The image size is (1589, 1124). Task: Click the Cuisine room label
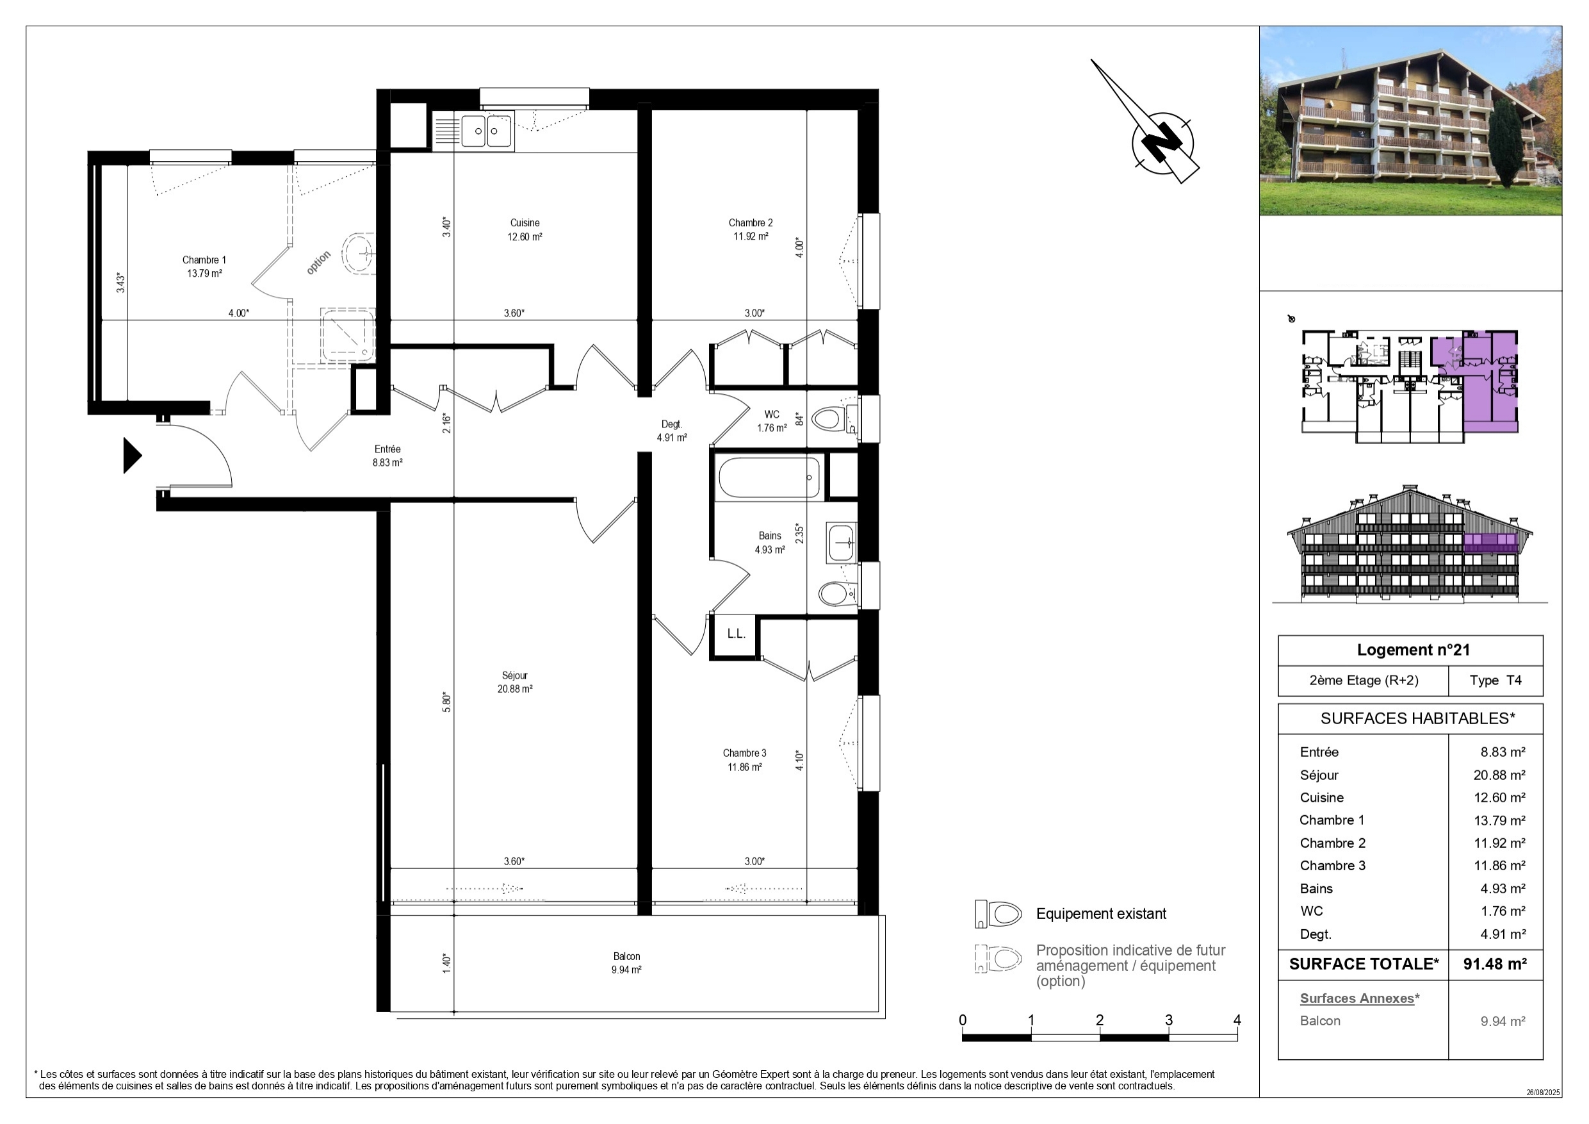[x=525, y=223]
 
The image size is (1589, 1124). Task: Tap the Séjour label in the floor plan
[x=515, y=675]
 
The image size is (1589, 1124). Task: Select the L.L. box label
[x=736, y=634]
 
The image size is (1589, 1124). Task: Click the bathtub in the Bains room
[x=769, y=477]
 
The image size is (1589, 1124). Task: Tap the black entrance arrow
[x=132, y=456]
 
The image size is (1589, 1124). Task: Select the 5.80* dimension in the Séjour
[x=447, y=703]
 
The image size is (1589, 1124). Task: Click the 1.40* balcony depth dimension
[x=447, y=963]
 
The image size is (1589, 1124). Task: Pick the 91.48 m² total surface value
[x=1495, y=963]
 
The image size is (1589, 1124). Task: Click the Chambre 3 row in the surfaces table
[x=1412, y=866]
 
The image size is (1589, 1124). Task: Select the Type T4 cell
[x=1495, y=680]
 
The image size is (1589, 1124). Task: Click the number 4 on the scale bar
[x=1237, y=1020]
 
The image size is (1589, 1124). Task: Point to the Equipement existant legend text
[x=1101, y=913]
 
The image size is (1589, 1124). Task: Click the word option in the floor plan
[x=318, y=263]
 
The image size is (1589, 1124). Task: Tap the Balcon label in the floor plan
[x=626, y=956]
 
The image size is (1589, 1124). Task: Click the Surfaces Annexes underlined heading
[x=1357, y=998]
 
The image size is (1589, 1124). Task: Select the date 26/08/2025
[x=1544, y=1092]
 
